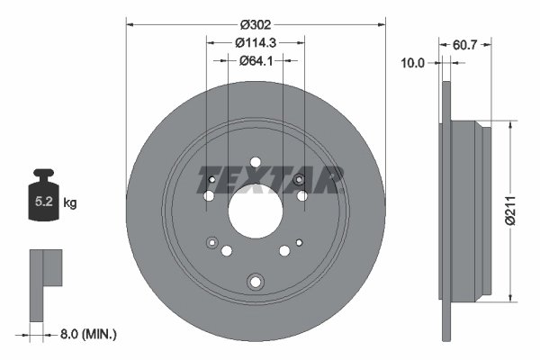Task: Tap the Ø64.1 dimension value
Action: (x=256, y=60)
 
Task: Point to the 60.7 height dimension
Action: (x=461, y=42)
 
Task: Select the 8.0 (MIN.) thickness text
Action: (x=86, y=334)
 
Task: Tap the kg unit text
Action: (x=70, y=204)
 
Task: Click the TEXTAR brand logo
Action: (x=271, y=180)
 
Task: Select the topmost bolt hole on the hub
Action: (x=255, y=163)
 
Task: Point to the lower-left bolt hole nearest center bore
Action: (x=227, y=251)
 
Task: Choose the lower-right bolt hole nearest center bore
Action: (x=283, y=251)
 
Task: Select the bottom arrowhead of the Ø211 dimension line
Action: (x=512, y=296)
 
